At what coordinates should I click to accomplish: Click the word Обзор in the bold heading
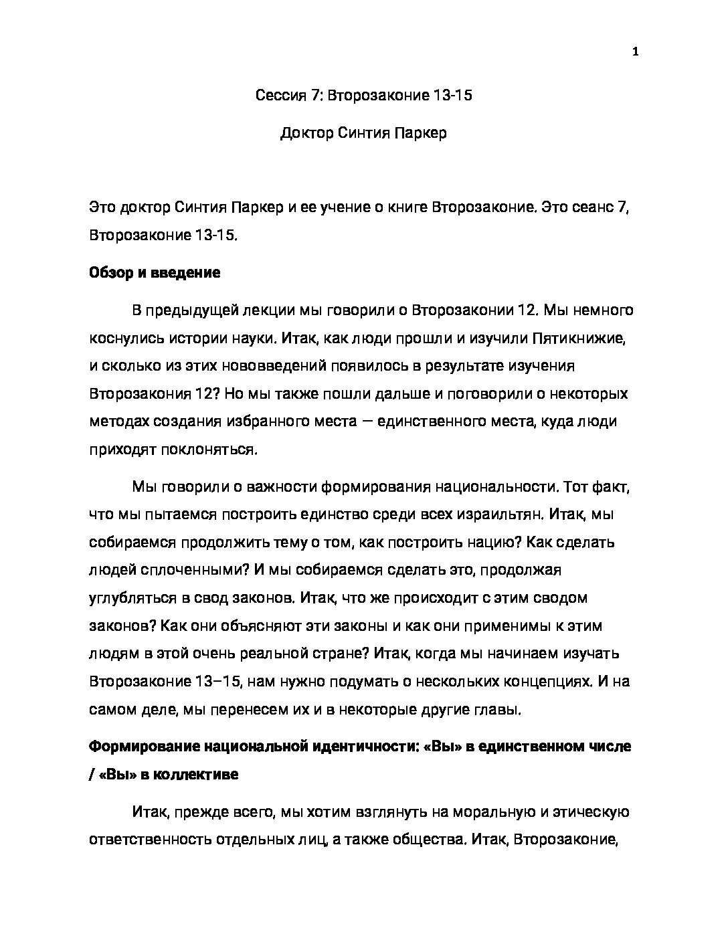point(109,273)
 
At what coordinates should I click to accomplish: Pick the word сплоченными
point(188,570)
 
